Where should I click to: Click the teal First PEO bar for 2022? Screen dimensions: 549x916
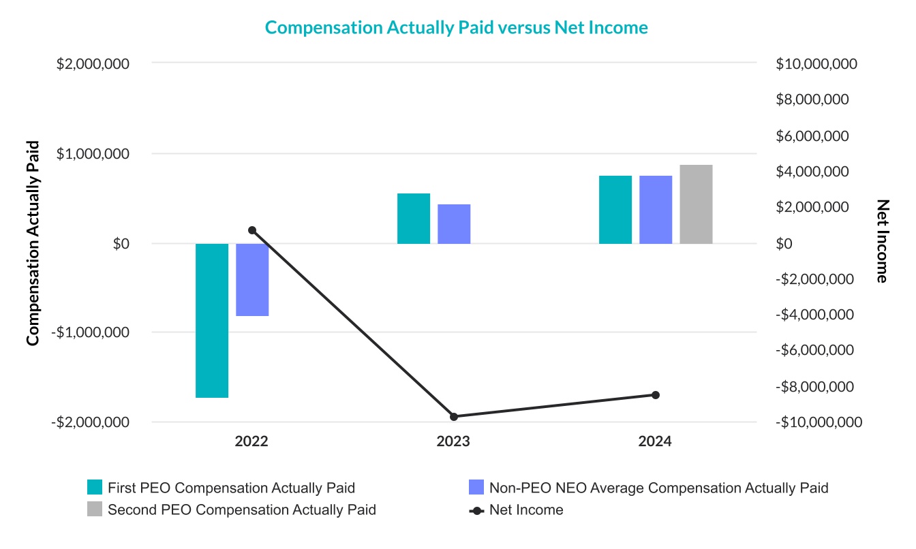(x=212, y=320)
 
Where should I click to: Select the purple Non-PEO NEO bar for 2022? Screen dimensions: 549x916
(x=252, y=279)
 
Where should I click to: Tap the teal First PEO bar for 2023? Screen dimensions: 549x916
(x=414, y=219)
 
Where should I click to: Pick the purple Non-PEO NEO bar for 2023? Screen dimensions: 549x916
(x=454, y=224)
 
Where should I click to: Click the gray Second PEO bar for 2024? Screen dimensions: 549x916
(x=696, y=204)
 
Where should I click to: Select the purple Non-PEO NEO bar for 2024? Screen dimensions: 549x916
(x=656, y=210)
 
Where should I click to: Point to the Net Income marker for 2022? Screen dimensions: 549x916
(x=252, y=230)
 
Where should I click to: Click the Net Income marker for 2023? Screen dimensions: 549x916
(x=454, y=416)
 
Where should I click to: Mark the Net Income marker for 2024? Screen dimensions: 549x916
(x=656, y=395)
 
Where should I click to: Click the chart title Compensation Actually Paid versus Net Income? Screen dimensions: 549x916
(x=456, y=27)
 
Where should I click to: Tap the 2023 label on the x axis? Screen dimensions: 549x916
(x=453, y=441)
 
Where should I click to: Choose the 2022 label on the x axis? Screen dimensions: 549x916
(x=251, y=441)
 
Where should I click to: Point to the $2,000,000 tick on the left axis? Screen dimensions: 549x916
(x=103, y=64)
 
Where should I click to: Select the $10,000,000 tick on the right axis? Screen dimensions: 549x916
(x=816, y=64)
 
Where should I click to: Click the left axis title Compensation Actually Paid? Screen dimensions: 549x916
(x=32, y=243)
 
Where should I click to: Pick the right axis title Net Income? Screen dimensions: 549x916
(x=883, y=241)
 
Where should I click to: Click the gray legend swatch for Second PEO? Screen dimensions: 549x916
(x=95, y=509)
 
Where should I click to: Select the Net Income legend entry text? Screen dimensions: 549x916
(x=526, y=510)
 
